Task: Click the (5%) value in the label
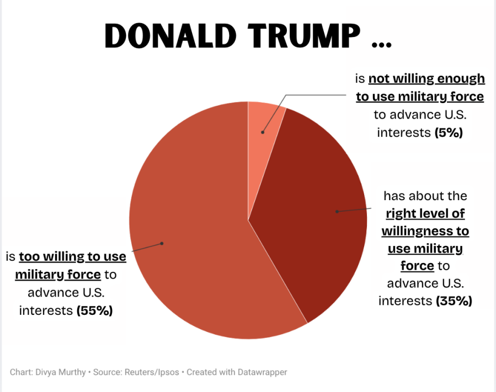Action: [x=449, y=133]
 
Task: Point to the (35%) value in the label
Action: [x=454, y=301]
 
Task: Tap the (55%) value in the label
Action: [x=94, y=310]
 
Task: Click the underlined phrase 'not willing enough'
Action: [x=426, y=79]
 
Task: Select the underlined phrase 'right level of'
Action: [x=425, y=213]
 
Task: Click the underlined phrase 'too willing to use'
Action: [x=72, y=257]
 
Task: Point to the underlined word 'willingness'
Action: [x=425, y=230]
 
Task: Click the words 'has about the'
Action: [x=425, y=196]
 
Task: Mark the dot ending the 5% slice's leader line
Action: [x=263, y=132]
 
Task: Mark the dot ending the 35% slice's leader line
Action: [x=336, y=211]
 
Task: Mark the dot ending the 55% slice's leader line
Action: [x=162, y=243]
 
